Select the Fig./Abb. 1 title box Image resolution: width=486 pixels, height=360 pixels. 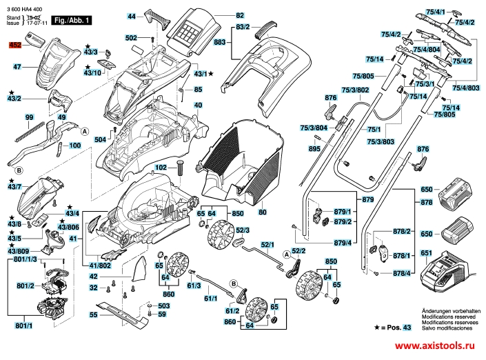click(72, 23)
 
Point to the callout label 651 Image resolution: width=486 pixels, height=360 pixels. click(427, 253)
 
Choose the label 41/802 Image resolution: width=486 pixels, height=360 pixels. click(101, 265)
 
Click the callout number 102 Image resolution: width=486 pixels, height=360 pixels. click(161, 167)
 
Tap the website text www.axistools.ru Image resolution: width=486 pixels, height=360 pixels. click(436, 346)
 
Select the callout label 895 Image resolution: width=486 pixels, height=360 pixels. click(314, 149)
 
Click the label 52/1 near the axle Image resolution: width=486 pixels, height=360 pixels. click(267, 245)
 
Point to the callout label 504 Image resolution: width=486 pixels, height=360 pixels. click(101, 140)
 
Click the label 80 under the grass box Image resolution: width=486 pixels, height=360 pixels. click(262, 212)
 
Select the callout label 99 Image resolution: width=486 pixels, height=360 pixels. click(29, 118)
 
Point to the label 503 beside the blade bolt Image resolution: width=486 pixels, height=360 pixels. click(163, 306)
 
